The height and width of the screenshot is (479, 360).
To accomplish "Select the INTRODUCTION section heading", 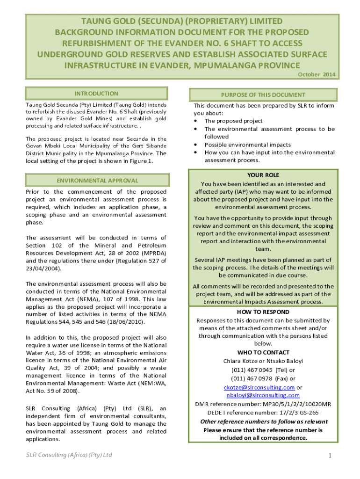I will [x=96, y=94].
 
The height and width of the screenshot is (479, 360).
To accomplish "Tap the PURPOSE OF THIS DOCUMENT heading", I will [x=264, y=95].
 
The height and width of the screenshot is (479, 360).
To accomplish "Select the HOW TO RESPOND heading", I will [x=264, y=312].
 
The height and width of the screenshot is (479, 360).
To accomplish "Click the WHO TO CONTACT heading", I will [x=264, y=352].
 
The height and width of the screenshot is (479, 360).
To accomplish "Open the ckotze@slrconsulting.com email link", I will [x=259, y=387].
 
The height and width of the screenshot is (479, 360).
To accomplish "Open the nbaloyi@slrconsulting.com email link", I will [x=264, y=395].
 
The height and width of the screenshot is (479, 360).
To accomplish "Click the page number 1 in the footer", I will [x=330, y=456].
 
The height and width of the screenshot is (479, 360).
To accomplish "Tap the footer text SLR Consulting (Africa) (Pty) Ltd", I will [x=69, y=455].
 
